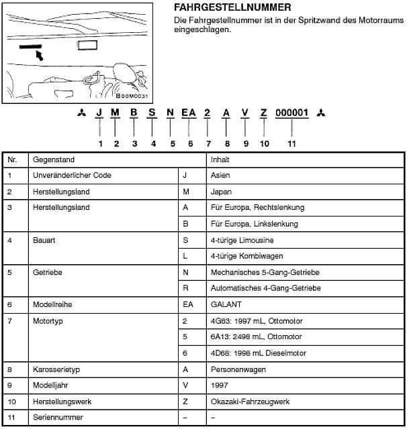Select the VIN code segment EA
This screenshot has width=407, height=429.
(189, 113)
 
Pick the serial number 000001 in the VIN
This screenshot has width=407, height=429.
(292, 113)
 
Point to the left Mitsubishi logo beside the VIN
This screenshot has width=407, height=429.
(81, 113)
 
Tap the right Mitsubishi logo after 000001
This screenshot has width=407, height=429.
(322, 113)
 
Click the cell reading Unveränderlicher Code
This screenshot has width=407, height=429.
(72, 176)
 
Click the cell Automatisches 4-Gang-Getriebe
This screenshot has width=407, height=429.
(265, 288)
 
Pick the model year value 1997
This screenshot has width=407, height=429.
(219, 385)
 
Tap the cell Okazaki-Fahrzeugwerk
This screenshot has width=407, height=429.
(249, 401)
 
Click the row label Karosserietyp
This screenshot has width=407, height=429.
(56, 369)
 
